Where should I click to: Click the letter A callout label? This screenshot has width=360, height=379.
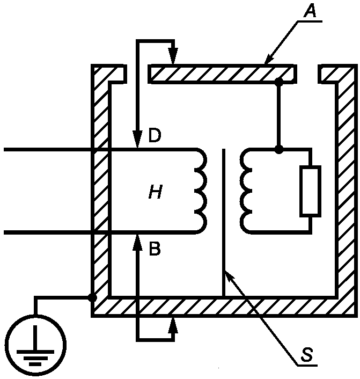coord(310,11)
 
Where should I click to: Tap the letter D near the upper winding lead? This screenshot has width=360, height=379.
coord(155,136)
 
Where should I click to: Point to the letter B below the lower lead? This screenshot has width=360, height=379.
coord(155,249)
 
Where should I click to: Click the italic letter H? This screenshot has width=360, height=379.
coord(156,192)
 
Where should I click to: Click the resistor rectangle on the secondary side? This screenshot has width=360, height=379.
coord(310,191)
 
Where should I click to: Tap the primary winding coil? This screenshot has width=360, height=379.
coord(201,191)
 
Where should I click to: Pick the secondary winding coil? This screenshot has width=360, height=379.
coord(246,191)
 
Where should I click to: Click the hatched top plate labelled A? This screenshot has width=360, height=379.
coord(222,74)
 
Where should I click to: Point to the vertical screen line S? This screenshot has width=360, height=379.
coord(224,222)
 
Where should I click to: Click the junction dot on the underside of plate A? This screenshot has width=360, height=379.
coord(279,82)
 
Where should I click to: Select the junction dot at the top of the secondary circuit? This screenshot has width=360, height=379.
coord(279,150)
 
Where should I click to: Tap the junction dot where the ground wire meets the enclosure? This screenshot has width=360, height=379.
coord(92,297)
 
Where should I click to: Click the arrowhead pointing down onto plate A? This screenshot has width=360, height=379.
coord(173,56)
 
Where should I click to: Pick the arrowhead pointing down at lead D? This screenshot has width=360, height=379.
coord(137,140)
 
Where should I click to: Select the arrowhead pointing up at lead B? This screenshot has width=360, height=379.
coord(137,243)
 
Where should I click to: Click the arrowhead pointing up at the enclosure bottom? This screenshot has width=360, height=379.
coord(173,325)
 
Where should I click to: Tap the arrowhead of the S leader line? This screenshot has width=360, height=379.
coord(229,276)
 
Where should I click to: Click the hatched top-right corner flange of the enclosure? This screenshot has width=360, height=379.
coord(338,74)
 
